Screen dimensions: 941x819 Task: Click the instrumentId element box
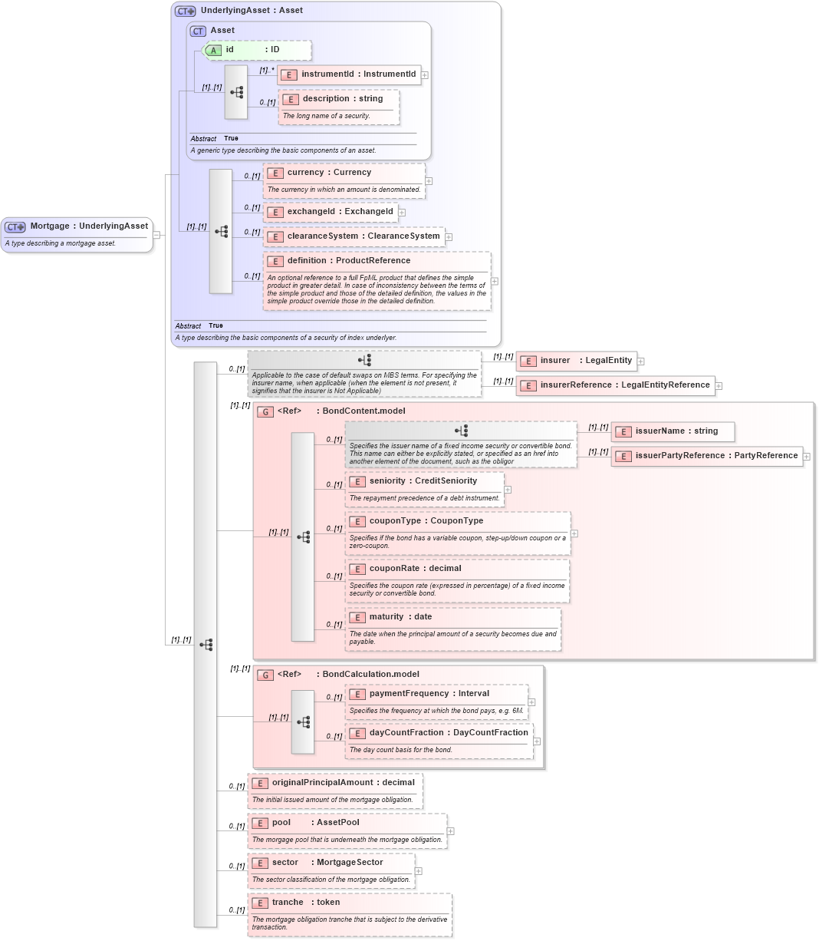[x=350, y=74]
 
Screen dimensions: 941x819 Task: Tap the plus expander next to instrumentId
[x=425, y=75]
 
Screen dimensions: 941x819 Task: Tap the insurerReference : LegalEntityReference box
[x=616, y=385]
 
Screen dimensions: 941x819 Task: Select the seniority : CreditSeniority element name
[x=423, y=481]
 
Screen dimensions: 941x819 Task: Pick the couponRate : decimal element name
[x=415, y=569]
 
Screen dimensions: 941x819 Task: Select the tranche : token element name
[x=305, y=903]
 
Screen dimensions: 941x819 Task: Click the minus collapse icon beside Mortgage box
[x=156, y=235]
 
